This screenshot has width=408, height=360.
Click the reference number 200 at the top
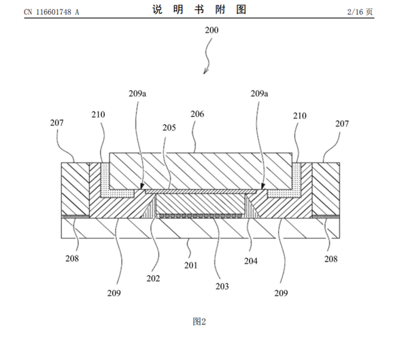(211, 31)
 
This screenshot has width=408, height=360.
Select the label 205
(167, 127)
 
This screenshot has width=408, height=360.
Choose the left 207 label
(58, 124)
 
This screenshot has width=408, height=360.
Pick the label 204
(252, 259)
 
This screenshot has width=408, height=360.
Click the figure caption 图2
(198, 321)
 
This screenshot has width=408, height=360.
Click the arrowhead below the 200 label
(204, 73)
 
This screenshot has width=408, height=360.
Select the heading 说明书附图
(204, 10)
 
